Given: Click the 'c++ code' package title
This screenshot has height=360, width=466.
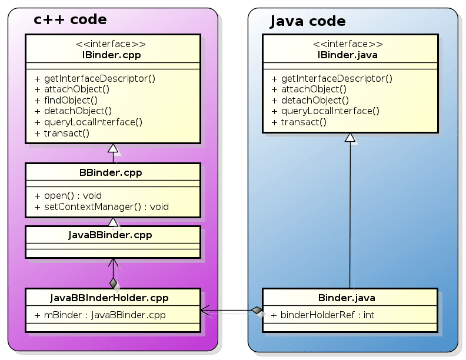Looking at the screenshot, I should [70, 20].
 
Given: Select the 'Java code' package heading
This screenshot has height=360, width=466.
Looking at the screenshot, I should [307, 22].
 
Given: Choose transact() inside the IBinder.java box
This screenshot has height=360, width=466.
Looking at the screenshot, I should [298, 122].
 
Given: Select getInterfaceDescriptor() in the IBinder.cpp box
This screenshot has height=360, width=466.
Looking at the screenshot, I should [95, 78].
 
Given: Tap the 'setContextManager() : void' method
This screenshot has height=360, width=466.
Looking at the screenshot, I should [101, 206].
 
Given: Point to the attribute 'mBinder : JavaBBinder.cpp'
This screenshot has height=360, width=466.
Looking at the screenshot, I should [100, 315].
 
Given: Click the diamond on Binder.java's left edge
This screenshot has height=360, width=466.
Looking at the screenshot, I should [257, 310].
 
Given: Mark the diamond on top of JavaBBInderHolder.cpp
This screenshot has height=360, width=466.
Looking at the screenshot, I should [113, 283].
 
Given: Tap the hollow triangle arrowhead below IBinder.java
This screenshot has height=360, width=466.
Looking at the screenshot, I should [350, 138].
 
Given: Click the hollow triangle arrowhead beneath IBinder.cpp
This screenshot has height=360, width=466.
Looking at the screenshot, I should [113, 148].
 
